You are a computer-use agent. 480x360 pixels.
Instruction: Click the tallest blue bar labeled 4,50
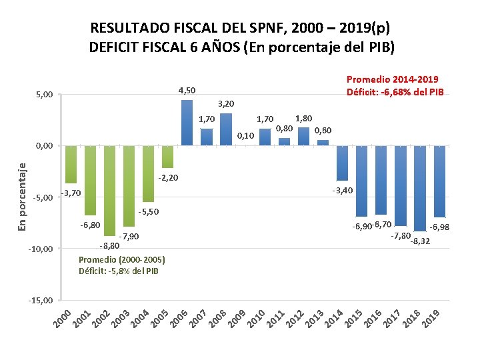click(187, 123)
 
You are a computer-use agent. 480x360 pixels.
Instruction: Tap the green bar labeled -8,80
click(109, 191)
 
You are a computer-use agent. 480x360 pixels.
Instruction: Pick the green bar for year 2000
click(71, 165)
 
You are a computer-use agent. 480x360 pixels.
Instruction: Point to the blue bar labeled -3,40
click(343, 163)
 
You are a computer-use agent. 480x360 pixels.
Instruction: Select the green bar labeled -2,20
click(167, 157)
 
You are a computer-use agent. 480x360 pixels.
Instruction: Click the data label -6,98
click(439, 227)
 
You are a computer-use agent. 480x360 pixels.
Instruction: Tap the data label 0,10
click(245, 136)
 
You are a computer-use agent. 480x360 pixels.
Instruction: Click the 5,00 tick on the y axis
click(44, 95)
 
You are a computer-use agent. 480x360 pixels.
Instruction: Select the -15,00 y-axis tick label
click(41, 301)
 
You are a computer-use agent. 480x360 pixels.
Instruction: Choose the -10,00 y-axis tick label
click(41, 249)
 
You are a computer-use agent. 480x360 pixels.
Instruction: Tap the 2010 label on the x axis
click(257, 318)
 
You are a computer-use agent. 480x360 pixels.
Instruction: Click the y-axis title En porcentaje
click(22, 197)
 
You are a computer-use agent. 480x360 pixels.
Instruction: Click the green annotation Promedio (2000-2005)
click(121, 260)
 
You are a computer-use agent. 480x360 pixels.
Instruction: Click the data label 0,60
click(323, 131)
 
